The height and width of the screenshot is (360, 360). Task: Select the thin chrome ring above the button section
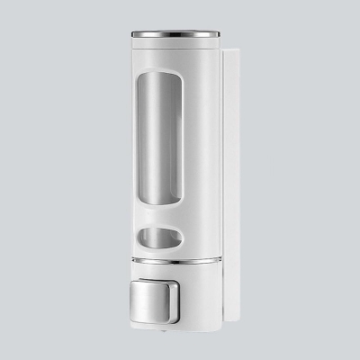(175, 261)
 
